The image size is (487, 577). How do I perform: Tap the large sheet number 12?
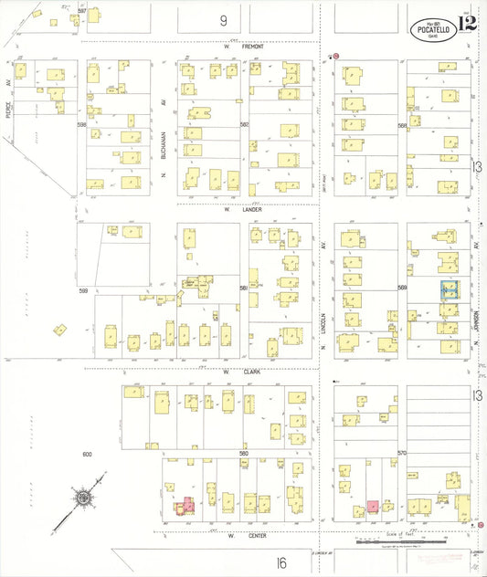[469, 25]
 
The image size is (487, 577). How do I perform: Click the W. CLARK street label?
[239, 372]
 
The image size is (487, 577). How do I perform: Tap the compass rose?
[83, 498]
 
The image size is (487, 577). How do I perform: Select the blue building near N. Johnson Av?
[450, 290]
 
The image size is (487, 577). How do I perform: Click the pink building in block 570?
[373, 506]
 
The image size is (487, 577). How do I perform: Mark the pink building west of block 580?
[186, 505]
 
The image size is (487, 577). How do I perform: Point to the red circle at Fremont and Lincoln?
[336, 57]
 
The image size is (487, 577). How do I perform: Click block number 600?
[88, 454]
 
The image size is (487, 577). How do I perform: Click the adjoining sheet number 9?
[222, 19]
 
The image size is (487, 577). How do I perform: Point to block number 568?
[401, 125]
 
